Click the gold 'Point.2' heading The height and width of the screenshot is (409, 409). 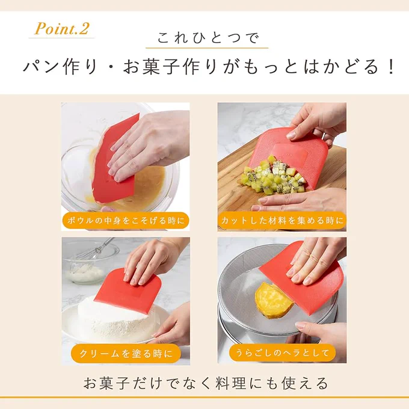click(62, 28)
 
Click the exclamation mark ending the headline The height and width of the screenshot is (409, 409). click(392, 67)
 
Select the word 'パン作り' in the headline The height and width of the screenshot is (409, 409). click(60, 67)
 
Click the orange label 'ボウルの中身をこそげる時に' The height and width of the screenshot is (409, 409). click(126, 221)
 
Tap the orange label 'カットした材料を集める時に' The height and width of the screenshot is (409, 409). click(282, 221)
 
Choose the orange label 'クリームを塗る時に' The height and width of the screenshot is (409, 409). click(126, 354)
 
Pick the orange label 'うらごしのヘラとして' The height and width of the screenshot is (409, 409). click(282, 353)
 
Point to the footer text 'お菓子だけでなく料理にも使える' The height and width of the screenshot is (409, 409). click(206, 383)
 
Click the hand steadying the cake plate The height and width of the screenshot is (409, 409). click(171, 324)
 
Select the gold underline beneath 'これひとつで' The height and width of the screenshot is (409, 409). click(207, 48)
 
